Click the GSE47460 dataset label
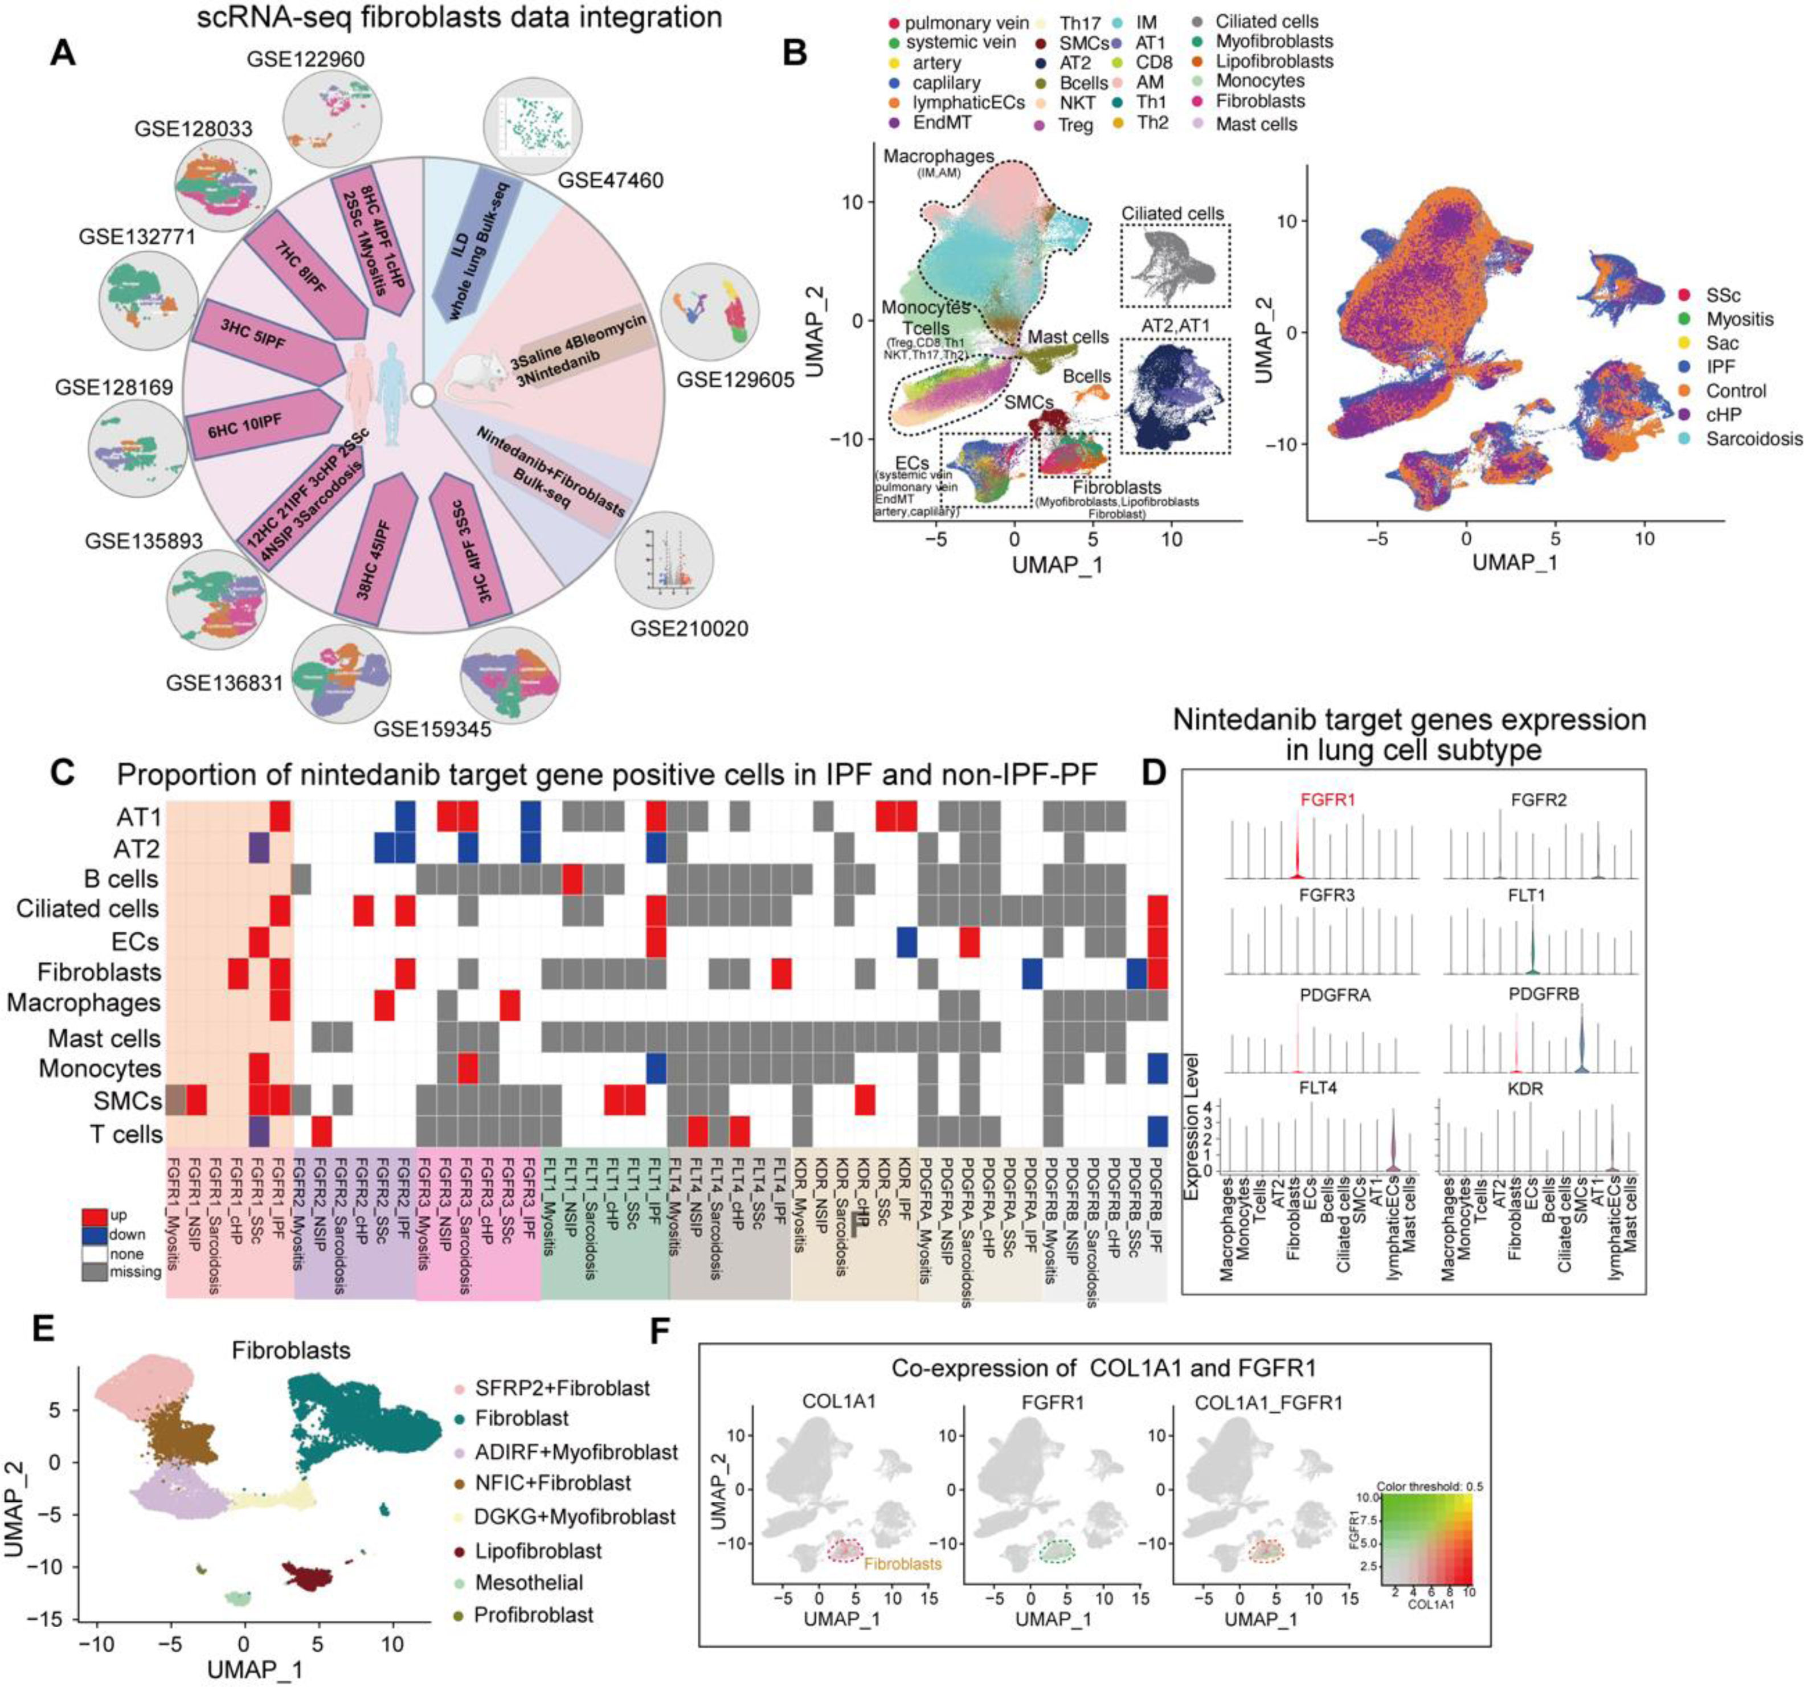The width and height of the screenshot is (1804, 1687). pos(610,179)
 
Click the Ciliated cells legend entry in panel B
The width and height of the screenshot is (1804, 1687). pos(1266,21)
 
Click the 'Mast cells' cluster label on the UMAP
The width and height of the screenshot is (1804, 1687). pos(1068,337)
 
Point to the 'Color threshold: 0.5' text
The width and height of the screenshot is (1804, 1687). pos(1429,1487)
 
